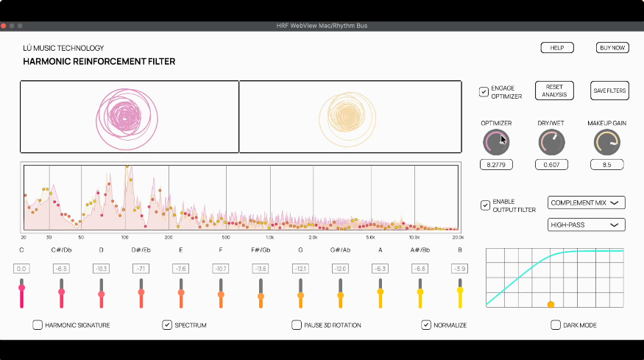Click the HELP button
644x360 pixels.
tap(557, 48)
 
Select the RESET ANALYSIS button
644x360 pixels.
tap(554, 91)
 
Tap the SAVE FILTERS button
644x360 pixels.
tap(609, 91)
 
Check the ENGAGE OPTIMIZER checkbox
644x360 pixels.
tap(484, 91)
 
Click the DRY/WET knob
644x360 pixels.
tap(551, 142)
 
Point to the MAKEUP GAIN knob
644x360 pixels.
tap(607, 142)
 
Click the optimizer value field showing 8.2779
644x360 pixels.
tap(496, 165)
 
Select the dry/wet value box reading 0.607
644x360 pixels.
tap(551, 165)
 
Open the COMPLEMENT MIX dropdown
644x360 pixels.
tap(586, 202)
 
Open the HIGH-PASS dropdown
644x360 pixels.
tap(586, 225)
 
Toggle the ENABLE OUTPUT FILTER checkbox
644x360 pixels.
tap(485, 205)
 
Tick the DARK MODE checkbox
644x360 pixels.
tap(556, 325)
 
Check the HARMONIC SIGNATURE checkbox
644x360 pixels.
tap(38, 325)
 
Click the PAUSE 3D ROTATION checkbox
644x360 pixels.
tap(297, 325)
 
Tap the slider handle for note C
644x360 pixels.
tap(22, 288)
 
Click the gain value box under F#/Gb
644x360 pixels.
tap(261, 269)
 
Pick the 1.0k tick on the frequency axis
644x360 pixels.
tap(269, 238)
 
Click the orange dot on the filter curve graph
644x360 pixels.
tap(551, 305)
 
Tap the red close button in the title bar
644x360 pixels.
tap(3, 26)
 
